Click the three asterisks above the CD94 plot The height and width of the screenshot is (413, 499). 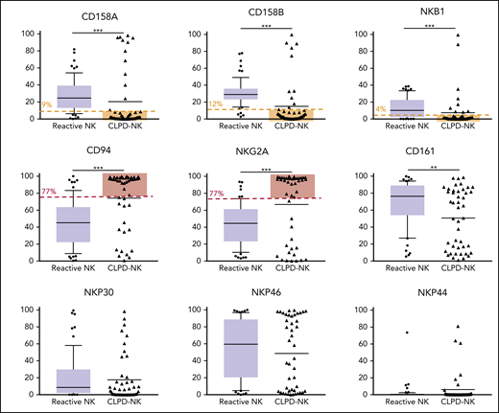coord(99,169)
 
